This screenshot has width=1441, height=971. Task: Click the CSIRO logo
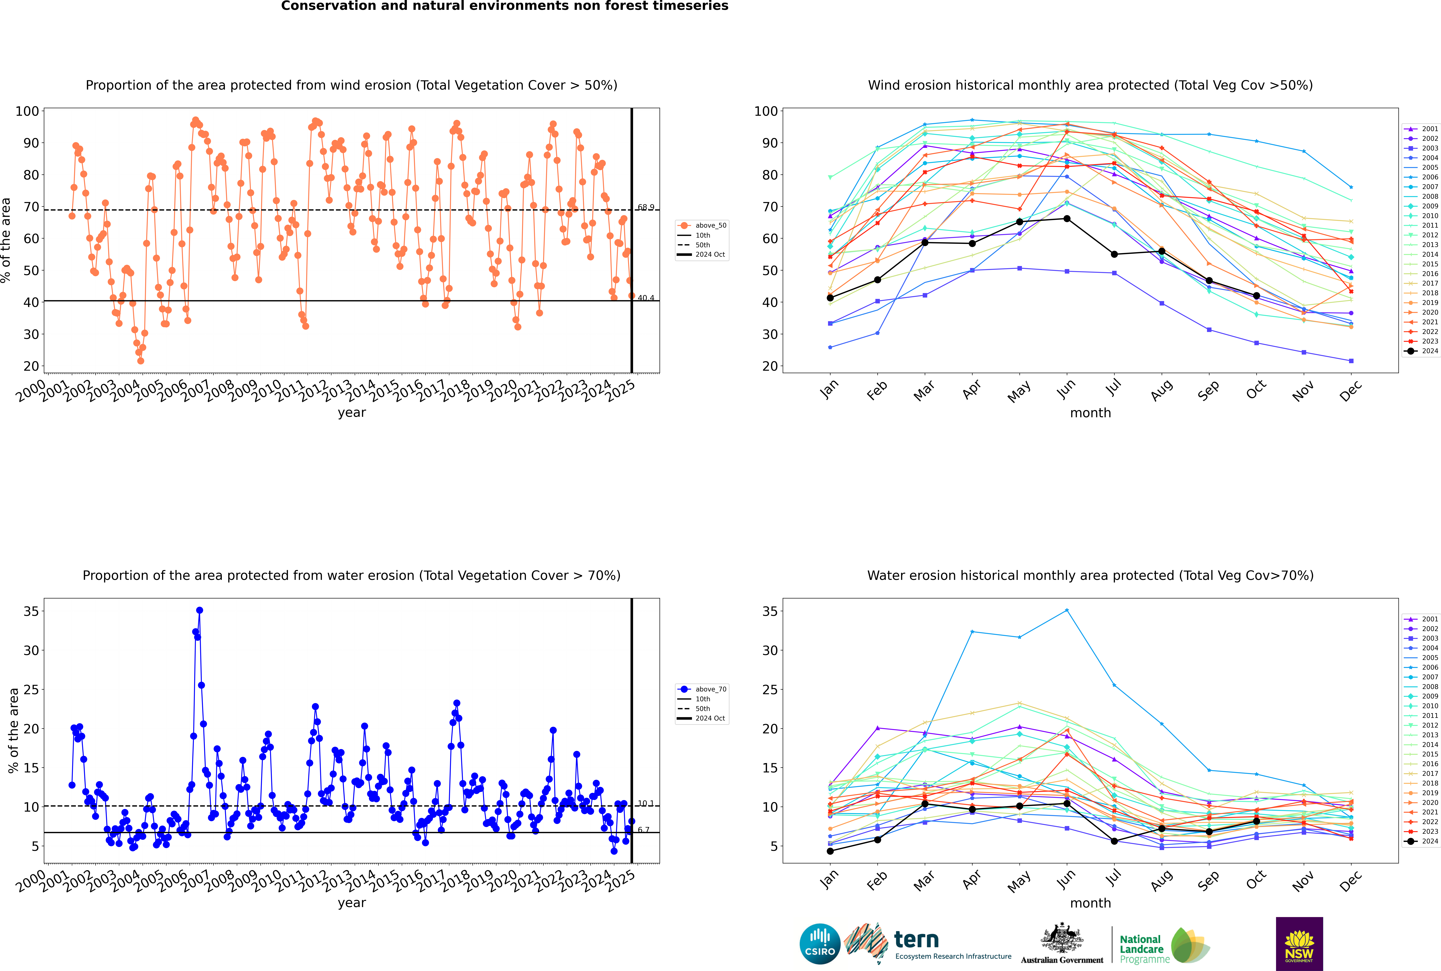[x=820, y=944]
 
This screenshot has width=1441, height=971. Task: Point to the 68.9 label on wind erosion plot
[x=646, y=207]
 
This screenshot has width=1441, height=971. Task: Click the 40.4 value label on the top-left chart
[x=646, y=298]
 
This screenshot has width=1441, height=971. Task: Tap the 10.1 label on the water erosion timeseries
[x=646, y=803]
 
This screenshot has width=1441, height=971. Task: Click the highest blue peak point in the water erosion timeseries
[x=200, y=610]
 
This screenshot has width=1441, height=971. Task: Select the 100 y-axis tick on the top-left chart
[x=27, y=111]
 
